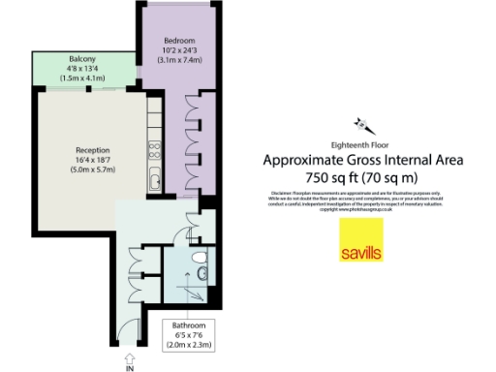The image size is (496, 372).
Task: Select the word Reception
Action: click(x=93, y=150)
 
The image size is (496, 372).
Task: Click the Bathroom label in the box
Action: click(x=190, y=325)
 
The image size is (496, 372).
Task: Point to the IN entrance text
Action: click(x=128, y=367)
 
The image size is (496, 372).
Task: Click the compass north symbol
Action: click(x=365, y=124)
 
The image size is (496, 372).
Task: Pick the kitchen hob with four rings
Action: click(x=153, y=150)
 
